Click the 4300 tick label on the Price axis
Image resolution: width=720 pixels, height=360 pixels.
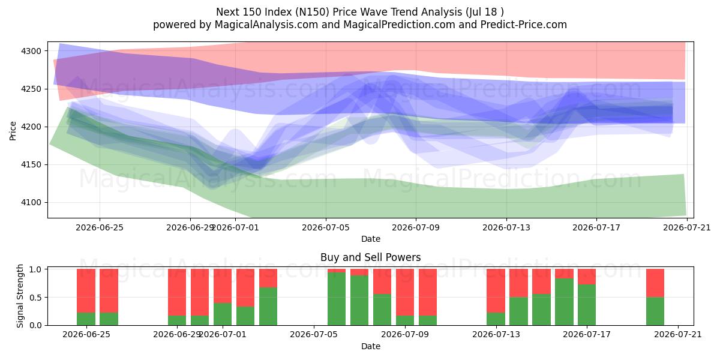coord(31,51)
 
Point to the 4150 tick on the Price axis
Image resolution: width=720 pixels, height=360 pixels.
coord(31,165)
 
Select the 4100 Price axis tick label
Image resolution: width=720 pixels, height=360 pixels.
coord(31,203)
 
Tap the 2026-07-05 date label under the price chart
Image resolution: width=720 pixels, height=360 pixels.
coord(326,228)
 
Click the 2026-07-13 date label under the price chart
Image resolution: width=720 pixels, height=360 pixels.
coord(506,228)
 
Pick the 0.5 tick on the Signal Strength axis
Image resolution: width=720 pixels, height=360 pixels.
coord(35,298)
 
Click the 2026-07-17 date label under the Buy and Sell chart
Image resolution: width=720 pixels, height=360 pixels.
coord(587,335)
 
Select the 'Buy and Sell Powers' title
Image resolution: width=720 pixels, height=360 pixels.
coord(371,257)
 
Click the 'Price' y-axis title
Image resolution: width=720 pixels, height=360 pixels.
coord(13,131)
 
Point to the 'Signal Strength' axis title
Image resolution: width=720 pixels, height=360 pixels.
coord(20,296)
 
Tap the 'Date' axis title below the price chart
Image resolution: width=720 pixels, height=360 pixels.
coord(371,239)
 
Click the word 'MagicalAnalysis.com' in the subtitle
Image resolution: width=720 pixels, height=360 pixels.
coord(266,25)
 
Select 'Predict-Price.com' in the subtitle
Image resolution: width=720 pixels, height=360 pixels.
coord(524,25)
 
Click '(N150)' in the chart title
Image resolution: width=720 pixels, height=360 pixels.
coord(313,12)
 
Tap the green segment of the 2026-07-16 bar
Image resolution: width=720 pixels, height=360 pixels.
coord(564,302)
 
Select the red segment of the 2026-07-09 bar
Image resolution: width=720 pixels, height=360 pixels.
coord(405,292)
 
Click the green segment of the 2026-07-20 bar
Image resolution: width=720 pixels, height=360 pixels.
coord(655,311)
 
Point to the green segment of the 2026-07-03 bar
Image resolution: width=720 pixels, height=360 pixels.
coord(268,307)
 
